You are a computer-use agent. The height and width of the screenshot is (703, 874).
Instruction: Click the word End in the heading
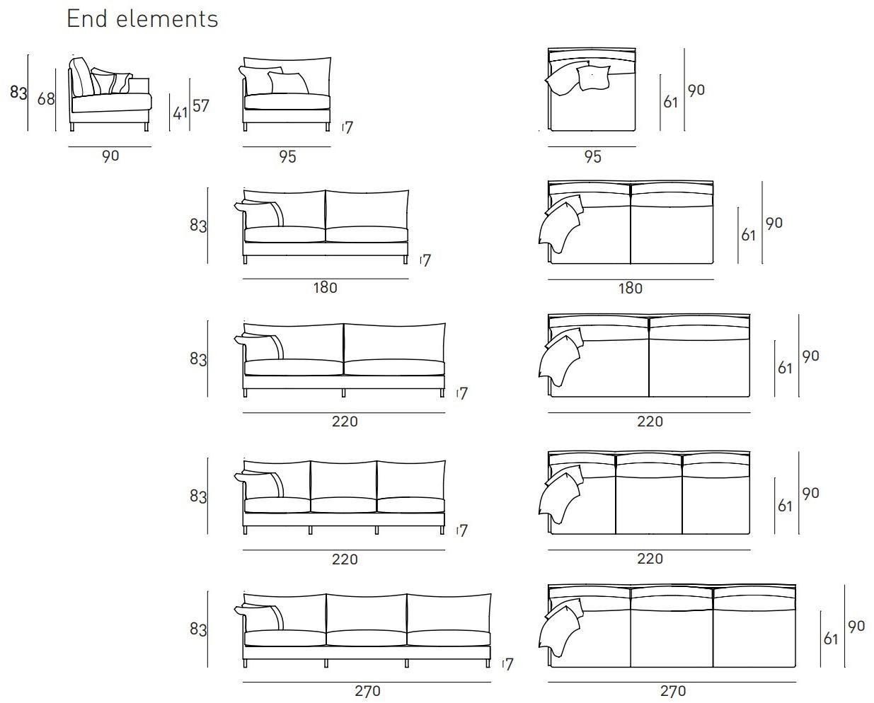(x=87, y=18)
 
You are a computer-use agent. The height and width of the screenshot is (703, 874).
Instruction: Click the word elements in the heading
(x=167, y=19)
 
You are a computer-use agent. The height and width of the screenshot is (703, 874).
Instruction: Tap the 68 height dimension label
(x=46, y=99)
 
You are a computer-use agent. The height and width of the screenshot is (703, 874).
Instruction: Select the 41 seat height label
(x=180, y=113)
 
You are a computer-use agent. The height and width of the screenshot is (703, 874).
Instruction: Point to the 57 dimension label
(x=200, y=106)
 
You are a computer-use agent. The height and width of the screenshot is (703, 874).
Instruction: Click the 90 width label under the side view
(x=110, y=156)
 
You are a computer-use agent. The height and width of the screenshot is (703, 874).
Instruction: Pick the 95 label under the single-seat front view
(x=287, y=157)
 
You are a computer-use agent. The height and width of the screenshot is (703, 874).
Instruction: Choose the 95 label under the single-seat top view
(x=592, y=157)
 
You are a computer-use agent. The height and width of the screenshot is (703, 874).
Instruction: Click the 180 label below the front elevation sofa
(x=325, y=288)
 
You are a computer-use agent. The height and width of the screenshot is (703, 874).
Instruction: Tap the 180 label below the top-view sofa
(x=631, y=289)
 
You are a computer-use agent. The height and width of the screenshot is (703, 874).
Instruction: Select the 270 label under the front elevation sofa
(x=367, y=691)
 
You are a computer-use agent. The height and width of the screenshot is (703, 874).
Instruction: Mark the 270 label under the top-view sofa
(x=673, y=691)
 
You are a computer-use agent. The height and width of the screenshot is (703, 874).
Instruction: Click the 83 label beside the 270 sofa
(x=198, y=629)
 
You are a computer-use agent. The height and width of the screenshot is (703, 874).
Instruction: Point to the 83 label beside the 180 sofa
(x=198, y=226)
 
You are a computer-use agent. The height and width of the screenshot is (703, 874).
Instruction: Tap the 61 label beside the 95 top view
(x=670, y=103)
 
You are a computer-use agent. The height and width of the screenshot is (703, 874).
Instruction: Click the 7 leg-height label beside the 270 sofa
(x=509, y=664)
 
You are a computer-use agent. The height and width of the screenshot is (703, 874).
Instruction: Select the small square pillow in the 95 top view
(x=593, y=78)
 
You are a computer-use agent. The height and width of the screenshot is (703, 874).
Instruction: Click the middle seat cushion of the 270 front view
(x=367, y=638)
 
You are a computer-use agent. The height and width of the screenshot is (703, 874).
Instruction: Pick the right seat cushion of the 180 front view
(x=367, y=234)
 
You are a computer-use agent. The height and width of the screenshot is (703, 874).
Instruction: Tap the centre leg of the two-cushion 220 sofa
(x=344, y=393)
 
